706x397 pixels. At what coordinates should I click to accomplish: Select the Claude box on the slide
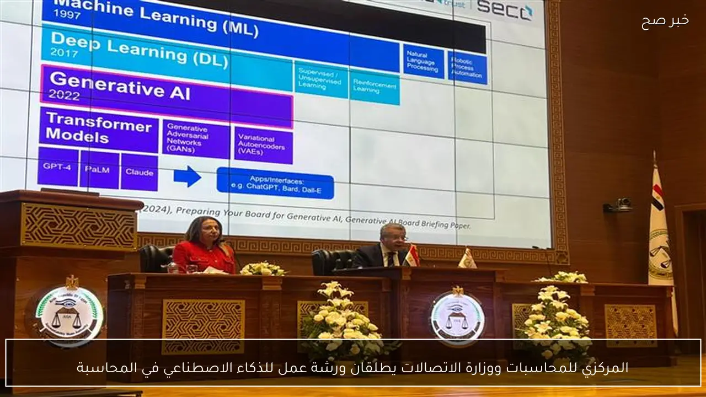(x=139, y=172)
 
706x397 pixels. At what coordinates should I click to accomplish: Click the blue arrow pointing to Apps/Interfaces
(x=187, y=176)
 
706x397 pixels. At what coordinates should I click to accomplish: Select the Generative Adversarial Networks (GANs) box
(x=196, y=138)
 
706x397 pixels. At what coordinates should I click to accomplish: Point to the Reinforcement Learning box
(x=375, y=87)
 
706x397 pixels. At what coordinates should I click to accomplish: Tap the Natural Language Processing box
(x=423, y=61)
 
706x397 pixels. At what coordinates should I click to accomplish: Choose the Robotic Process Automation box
(x=467, y=67)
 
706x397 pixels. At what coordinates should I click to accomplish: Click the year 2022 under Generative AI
(x=64, y=94)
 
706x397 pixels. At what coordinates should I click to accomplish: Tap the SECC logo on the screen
(x=505, y=9)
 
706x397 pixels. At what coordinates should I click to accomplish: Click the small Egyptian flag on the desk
(x=412, y=255)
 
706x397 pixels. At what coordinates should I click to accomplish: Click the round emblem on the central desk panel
(x=457, y=316)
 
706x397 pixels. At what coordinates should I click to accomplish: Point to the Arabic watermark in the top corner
(x=665, y=21)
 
